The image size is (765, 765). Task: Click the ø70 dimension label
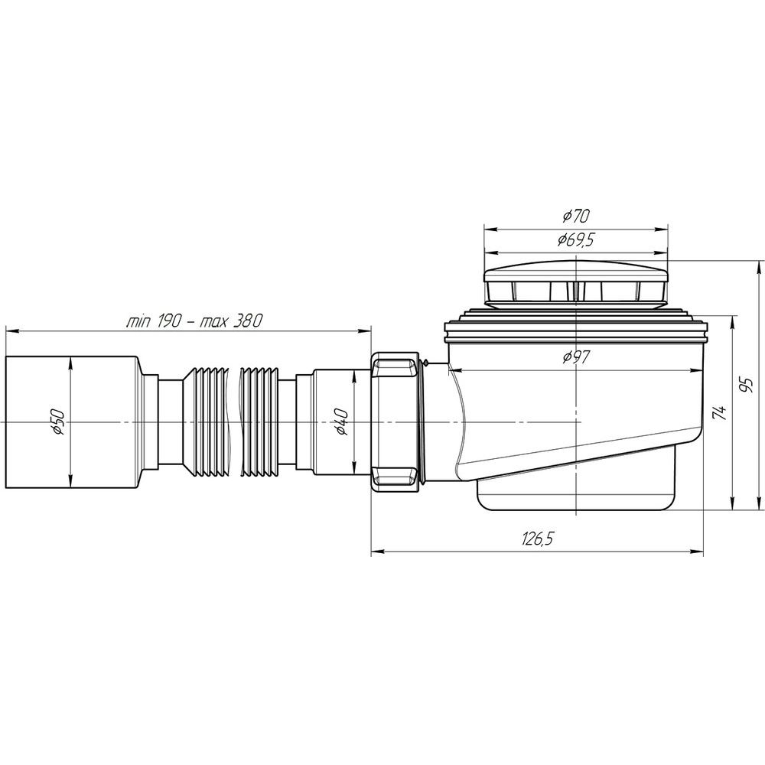576,215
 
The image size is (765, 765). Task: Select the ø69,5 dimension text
576,239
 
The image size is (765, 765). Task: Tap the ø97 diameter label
576,357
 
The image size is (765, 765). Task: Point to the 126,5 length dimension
538,539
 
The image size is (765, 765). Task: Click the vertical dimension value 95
746,385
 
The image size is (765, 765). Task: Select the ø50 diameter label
57,422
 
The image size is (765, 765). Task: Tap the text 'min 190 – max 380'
194,321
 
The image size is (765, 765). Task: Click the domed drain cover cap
576,284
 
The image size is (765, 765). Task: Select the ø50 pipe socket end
73,422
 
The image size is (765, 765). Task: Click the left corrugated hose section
207,422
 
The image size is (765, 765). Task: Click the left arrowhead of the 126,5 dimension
377,552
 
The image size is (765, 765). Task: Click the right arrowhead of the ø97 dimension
697,370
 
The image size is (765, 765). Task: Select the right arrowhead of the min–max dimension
365,331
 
